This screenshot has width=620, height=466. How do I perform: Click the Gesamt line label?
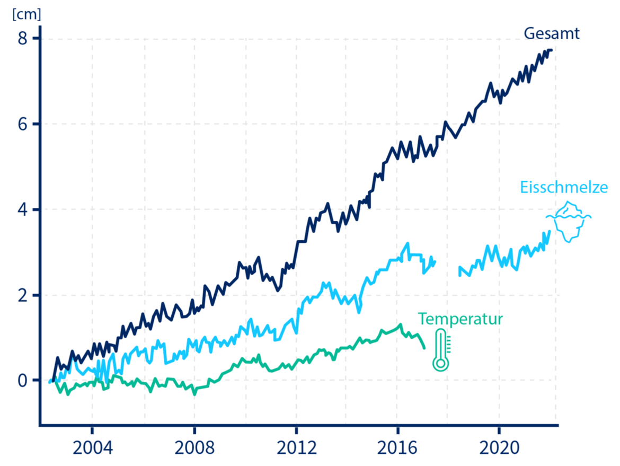point(552,34)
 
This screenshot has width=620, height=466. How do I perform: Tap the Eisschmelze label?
point(563,188)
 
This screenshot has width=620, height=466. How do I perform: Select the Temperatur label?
point(460,319)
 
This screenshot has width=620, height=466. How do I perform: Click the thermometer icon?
point(440,349)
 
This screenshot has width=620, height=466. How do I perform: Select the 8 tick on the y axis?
point(22,39)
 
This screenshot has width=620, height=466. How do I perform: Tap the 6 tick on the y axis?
point(22,124)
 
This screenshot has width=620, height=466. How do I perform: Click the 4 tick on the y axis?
point(22,209)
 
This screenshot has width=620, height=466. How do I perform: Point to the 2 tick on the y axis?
point(22,295)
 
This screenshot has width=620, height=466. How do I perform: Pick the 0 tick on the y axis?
point(22,380)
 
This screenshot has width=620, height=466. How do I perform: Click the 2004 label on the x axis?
point(92,448)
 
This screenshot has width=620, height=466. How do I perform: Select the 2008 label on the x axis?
point(194,448)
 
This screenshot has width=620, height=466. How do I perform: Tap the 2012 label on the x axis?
point(296,448)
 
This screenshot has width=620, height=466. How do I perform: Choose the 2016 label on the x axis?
point(398,448)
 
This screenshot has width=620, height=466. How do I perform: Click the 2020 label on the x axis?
point(500,448)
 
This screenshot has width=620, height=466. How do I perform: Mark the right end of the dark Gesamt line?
point(551,50)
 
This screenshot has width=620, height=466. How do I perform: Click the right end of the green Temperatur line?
point(424,348)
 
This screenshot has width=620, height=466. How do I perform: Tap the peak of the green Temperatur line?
point(401,324)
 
